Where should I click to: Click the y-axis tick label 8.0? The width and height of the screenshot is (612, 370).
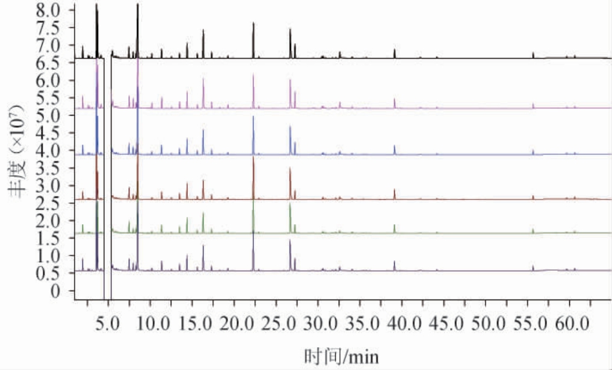48,11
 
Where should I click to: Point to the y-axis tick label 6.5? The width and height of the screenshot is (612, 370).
48,63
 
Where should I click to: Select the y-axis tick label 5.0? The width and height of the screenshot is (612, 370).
48,116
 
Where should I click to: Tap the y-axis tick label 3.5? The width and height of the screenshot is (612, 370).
48,168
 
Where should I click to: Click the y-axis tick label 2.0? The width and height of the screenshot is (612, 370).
48,221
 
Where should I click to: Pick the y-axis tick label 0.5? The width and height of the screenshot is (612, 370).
48,274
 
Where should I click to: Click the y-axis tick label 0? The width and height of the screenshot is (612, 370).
56,291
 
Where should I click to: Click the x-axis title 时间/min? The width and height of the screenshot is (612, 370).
342,356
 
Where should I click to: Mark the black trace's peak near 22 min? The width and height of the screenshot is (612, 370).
253,23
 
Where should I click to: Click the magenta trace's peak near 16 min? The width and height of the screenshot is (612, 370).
203,79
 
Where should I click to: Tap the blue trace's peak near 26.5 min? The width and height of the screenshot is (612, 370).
290,126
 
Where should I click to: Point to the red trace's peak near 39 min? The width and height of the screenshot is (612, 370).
395,189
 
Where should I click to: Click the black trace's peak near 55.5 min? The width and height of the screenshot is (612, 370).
533,52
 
